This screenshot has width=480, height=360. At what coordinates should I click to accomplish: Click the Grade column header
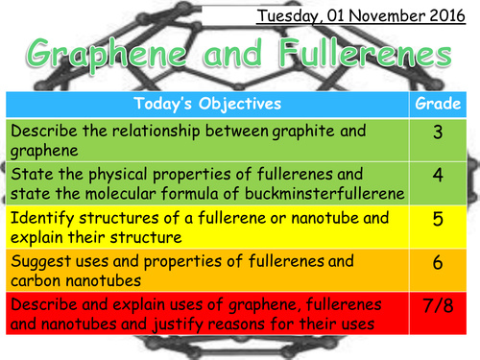click(x=437, y=103)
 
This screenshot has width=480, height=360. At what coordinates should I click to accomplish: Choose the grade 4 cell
click(x=437, y=180)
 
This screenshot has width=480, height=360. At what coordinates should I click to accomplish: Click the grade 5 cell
click(x=437, y=220)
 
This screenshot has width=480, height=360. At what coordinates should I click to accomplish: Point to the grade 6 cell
click(x=437, y=260)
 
